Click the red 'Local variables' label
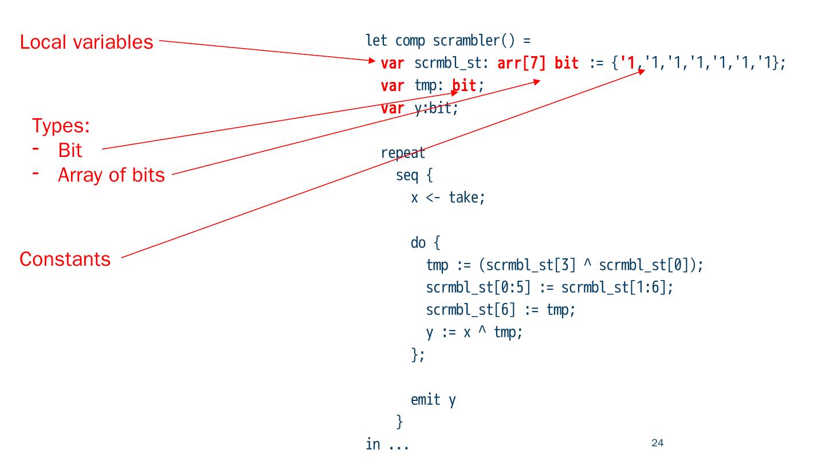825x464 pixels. [87, 42]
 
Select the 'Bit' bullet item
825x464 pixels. [70, 151]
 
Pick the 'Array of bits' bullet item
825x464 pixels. [111, 175]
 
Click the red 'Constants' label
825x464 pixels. [65, 259]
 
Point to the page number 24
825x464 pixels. [657, 442]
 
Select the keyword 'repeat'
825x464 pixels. [403, 153]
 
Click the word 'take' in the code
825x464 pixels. [464, 198]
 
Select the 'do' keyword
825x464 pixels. [418, 243]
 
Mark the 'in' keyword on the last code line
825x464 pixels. [372, 445]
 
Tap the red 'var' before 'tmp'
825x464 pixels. [392, 86]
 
